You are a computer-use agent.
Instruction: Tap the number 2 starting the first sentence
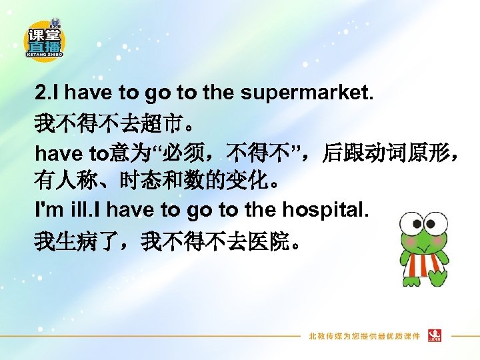(x=40, y=93)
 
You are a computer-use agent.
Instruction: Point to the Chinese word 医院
(x=271, y=240)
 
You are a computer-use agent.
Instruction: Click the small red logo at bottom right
(x=435, y=334)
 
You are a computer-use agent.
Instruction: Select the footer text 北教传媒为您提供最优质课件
(x=364, y=335)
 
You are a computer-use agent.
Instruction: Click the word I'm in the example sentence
(x=47, y=210)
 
